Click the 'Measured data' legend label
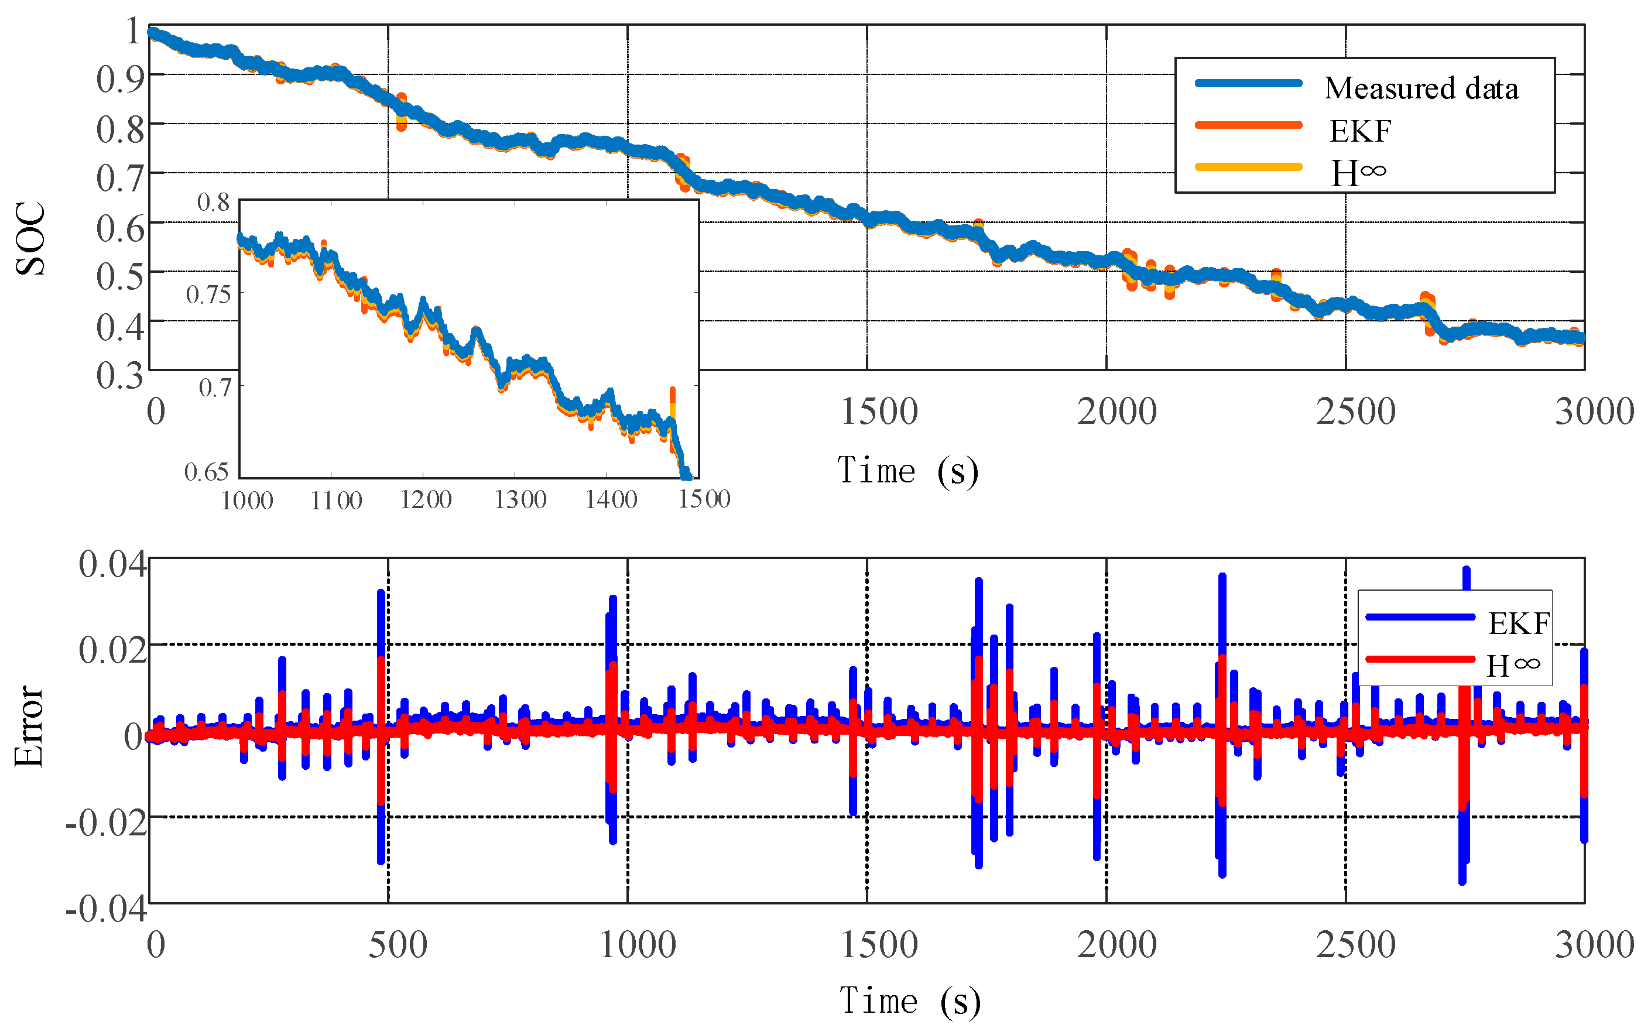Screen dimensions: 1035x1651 pyautogui.click(x=1420, y=88)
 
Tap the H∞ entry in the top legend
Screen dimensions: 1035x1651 pyautogui.click(x=1357, y=173)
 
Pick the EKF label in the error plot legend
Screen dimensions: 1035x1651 pyautogui.click(x=1518, y=623)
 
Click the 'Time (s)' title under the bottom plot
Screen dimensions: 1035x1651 pyautogui.click(x=910, y=1001)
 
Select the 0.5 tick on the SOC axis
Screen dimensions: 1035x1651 pyautogui.click(x=121, y=276)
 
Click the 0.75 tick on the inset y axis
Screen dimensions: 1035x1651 pyautogui.click(x=209, y=294)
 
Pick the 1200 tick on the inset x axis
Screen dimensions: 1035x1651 pyautogui.click(x=425, y=500)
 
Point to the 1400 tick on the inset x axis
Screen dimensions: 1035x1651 pyautogui.click(x=611, y=500)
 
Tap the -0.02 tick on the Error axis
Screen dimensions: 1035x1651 pyautogui.click(x=107, y=821)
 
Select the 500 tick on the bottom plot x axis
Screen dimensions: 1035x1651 pyautogui.click(x=398, y=945)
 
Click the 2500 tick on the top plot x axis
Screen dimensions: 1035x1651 pyautogui.click(x=1355, y=412)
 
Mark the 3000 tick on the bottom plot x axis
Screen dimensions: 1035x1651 pyautogui.click(x=1594, y=945)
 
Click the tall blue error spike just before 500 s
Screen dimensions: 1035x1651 pyautogui.click(x=381, y=616)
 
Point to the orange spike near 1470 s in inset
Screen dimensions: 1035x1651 pyautogui.click(x=672, y=400)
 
